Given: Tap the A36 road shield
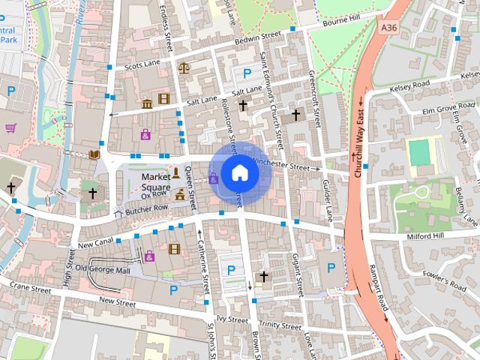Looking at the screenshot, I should tap(388, 27).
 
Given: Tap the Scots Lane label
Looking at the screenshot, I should tap(143, 65).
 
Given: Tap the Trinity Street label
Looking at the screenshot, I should tap(281, 325).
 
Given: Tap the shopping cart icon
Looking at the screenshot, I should tap(10, 127).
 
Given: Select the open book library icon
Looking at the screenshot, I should tap(93, 154).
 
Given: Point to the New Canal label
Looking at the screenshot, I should tap(94, 244).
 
